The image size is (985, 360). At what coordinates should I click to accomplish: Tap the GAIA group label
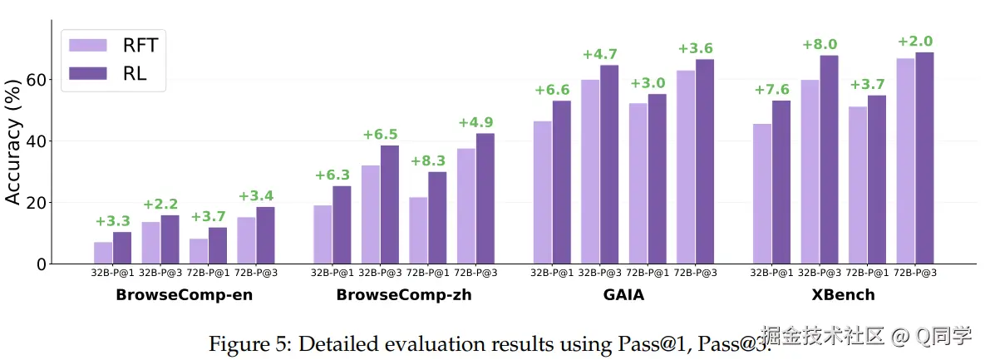[x=623, y=295]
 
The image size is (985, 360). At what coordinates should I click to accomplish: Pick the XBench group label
[x=844, y=295]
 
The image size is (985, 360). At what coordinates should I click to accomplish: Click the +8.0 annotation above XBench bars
[x=820, y=45]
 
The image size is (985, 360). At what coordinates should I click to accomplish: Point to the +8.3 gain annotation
[x=428, y=161]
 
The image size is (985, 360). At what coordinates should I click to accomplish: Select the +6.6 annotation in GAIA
[x=552, y=90]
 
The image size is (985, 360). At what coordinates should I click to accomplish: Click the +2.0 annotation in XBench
[x=915, y=42]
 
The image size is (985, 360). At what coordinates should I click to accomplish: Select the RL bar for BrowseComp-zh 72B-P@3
[x=485, y=199]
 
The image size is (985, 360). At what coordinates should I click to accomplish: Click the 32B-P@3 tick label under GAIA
[x=600, y=273]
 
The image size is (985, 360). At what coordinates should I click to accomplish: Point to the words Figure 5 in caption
[x=244, y=343]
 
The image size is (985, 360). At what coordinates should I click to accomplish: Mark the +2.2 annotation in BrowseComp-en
[x=160, y=205]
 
